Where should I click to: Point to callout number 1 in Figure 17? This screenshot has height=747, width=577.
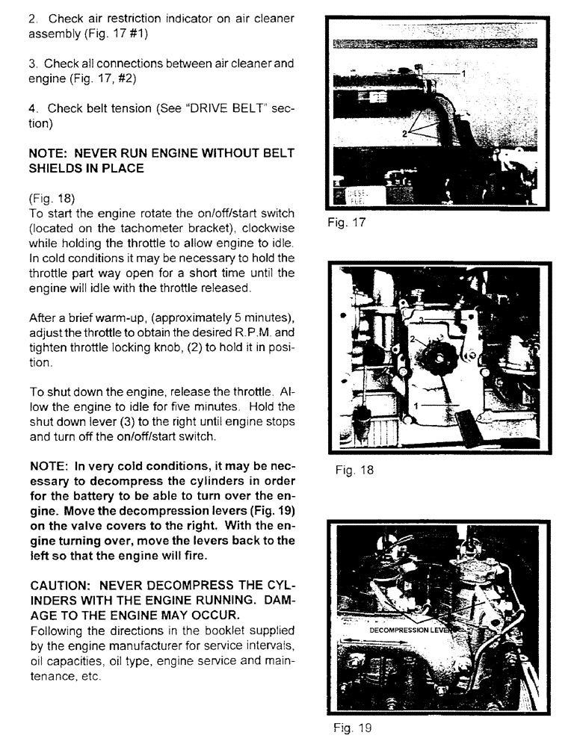tap(463, 73)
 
